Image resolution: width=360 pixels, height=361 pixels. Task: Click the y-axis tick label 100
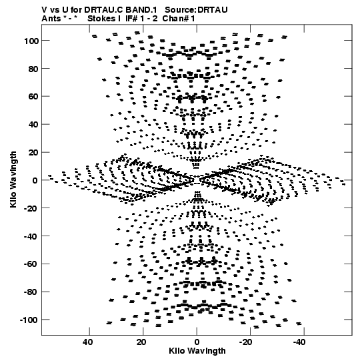pos(31,41)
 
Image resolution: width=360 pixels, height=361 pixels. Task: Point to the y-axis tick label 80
pos(33,69)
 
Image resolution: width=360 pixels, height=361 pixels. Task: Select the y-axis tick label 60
pos(33,97)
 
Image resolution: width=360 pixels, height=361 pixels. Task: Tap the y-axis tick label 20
pos(33,153)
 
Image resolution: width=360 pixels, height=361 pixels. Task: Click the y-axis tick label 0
pos(35,180)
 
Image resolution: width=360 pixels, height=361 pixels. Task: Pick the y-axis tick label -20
pos(31,209)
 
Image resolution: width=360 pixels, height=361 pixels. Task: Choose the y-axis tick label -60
pos(31,264)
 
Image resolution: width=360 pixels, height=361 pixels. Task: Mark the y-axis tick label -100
pos(29,320)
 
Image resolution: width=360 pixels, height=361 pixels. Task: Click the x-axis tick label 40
pos(87,342)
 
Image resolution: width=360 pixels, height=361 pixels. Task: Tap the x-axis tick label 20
pos(141,342)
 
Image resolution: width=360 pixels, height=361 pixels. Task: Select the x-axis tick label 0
pos(197,342)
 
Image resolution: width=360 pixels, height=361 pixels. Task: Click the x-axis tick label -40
pos(299,342)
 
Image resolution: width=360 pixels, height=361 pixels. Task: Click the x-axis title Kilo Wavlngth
pos(197,351)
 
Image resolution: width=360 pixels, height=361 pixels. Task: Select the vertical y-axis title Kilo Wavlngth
pos(13,179)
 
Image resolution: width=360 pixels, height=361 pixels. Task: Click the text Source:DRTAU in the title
pos(197,10)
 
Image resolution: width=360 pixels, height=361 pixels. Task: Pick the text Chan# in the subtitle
pos(175,19)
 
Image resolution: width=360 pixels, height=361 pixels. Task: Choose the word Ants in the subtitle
pos(51,19)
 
